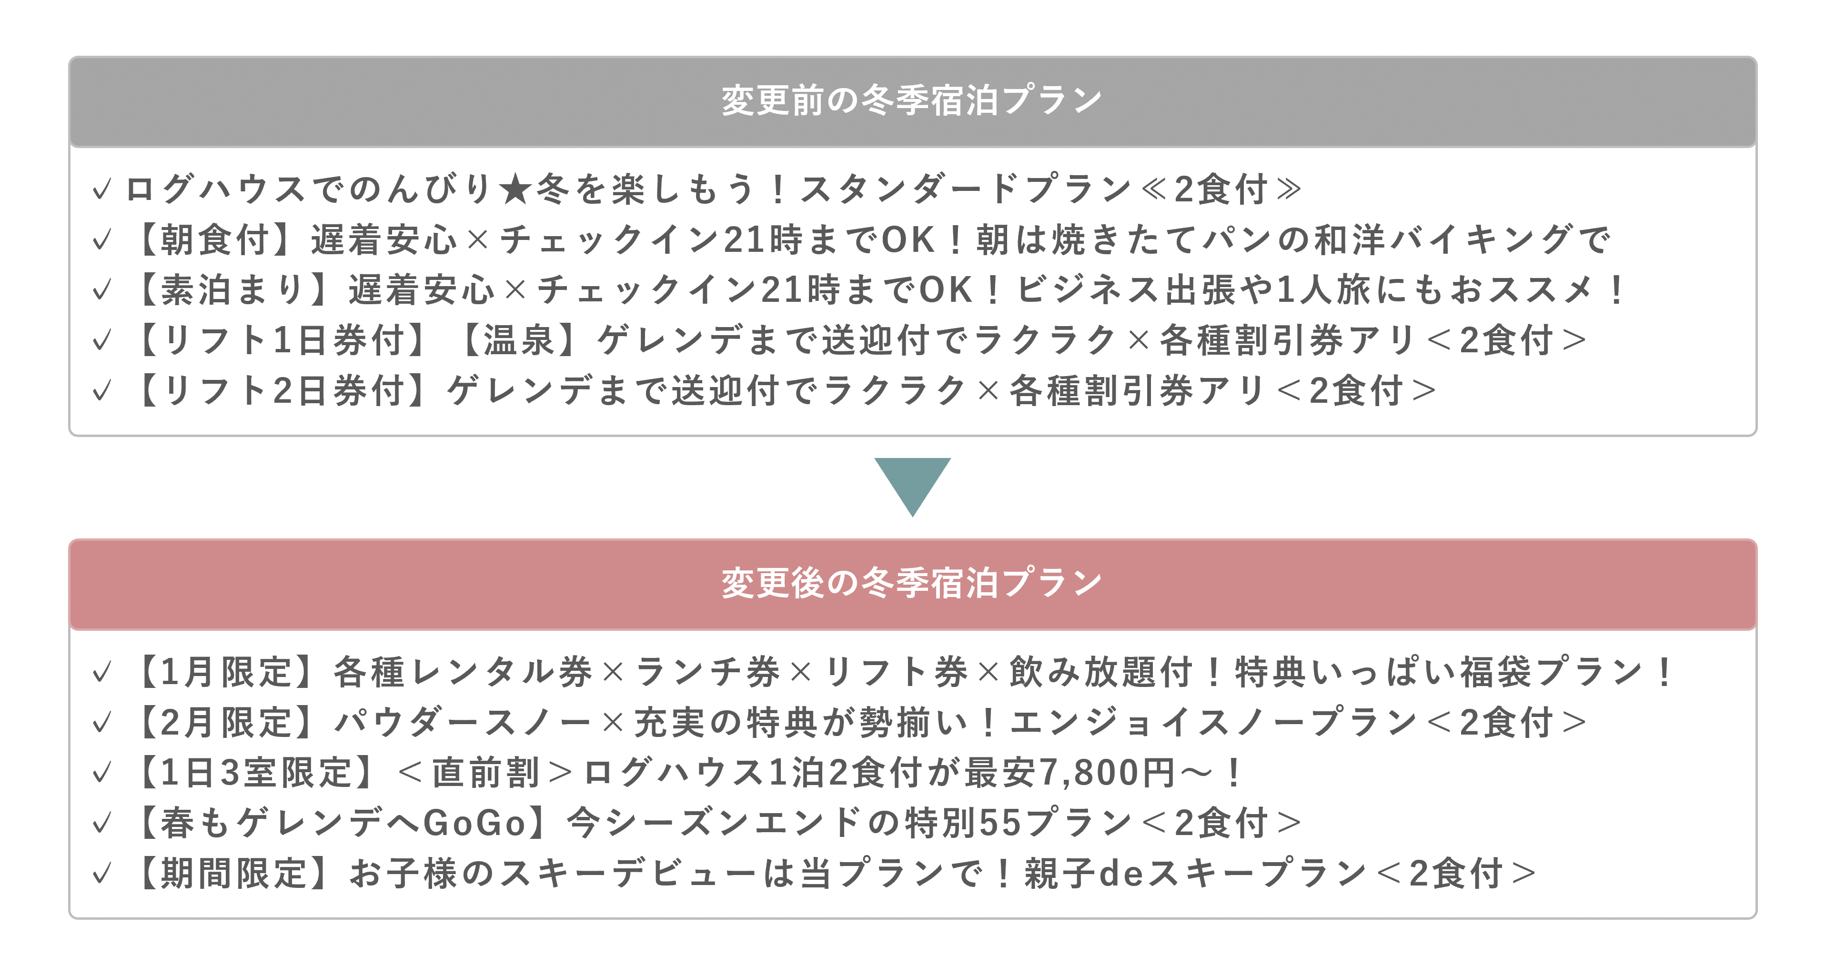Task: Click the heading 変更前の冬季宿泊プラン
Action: click(x=912, y=100)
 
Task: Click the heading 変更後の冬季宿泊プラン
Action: click(x=912, y=583)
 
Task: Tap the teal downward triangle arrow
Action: click(x=912, y=487)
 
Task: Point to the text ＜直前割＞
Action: click(x=485, y=772)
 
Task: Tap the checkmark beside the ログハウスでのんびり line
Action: click(x=102, y=189)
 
